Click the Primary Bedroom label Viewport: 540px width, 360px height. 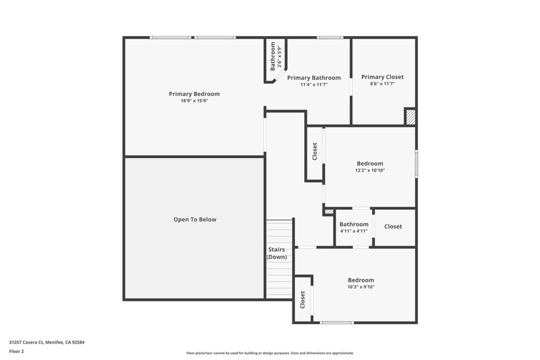point(194,94)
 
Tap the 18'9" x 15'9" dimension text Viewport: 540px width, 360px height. point(194,101)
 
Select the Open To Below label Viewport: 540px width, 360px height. point(195,219)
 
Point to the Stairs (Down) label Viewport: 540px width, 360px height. point(277,253)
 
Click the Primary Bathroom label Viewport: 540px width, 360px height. point(314,77)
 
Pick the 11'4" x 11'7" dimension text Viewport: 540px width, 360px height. point(314,84)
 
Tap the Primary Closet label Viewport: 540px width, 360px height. point(382,77)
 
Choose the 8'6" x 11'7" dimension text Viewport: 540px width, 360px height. point(382,84)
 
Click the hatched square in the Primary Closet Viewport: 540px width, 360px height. point(410,116)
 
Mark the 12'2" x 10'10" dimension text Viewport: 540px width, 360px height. point(370,170)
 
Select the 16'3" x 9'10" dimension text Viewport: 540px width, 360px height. point(361,287)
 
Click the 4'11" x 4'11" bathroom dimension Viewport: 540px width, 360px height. point(354,231)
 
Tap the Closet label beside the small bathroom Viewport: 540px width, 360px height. point(393,227)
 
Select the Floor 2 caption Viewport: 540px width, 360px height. point(16,351)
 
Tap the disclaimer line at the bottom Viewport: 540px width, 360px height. point(269,353)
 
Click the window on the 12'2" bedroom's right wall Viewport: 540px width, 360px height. point(416,163)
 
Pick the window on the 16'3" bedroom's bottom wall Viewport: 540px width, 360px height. point(336,323)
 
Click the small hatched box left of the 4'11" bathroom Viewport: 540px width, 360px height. point(329,211)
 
